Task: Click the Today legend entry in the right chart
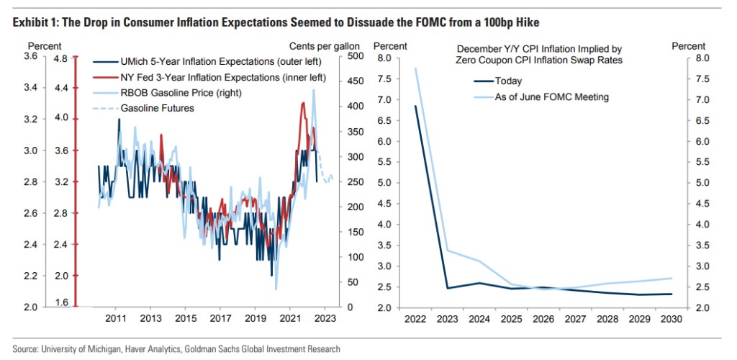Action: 508,81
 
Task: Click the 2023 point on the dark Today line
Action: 447,288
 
